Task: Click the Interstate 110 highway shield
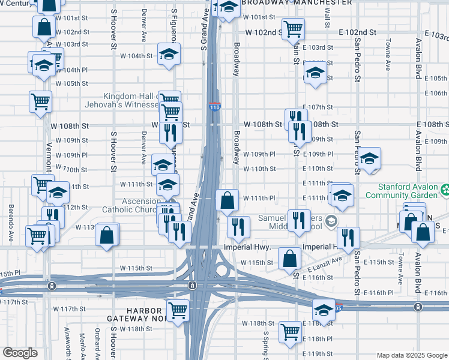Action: pyautogui.click(x=215, y=107)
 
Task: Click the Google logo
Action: pyautogui.click(x=19, y=353)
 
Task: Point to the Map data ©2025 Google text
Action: pyautogui.click(x=411, y=355)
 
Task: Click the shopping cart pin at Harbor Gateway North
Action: pyautogui.click(x=178, y=310)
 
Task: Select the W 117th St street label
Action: pyautogui.click(x=74, y=308)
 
